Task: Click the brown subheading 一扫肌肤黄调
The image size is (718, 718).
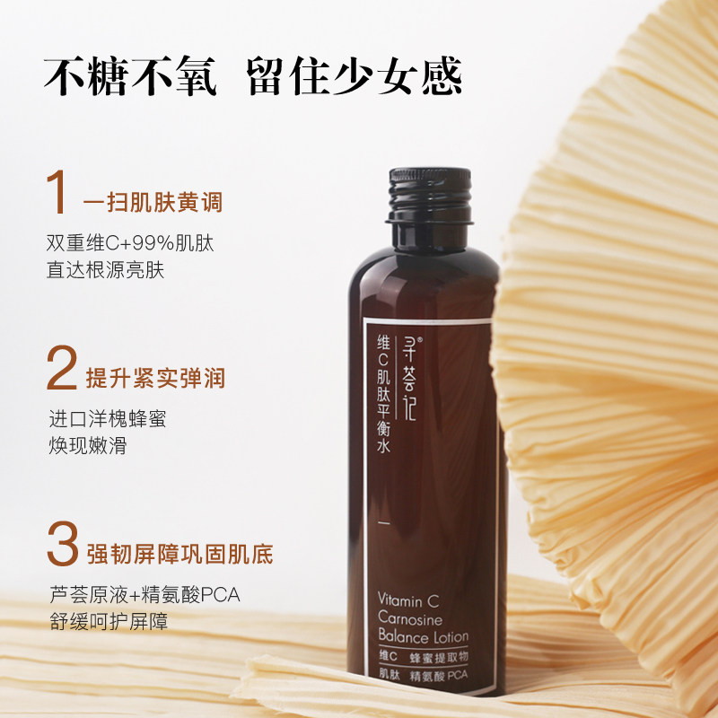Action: coord(153,202)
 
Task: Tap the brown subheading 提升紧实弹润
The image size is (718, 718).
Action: coord(154,378)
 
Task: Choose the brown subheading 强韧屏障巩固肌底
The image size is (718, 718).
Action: coord(179,551)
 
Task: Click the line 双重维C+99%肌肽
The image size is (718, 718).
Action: coord(130,243)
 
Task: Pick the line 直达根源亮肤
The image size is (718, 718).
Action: coord(106,270)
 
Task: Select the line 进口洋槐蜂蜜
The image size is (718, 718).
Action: coord(107,419)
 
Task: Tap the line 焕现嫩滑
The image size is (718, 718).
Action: coord(87,445)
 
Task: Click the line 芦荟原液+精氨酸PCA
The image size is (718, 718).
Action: coord(144,595)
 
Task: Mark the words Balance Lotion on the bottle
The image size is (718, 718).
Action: coord(422,637)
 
